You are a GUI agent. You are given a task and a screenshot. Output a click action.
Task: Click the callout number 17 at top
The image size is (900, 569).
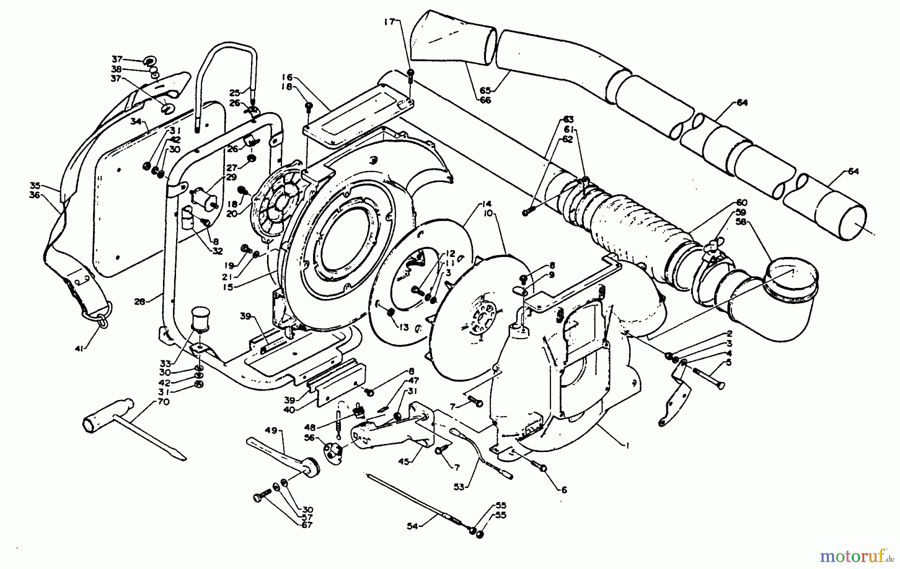click(390, 21)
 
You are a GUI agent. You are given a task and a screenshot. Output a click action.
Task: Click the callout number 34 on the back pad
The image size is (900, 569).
click(135, 121)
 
